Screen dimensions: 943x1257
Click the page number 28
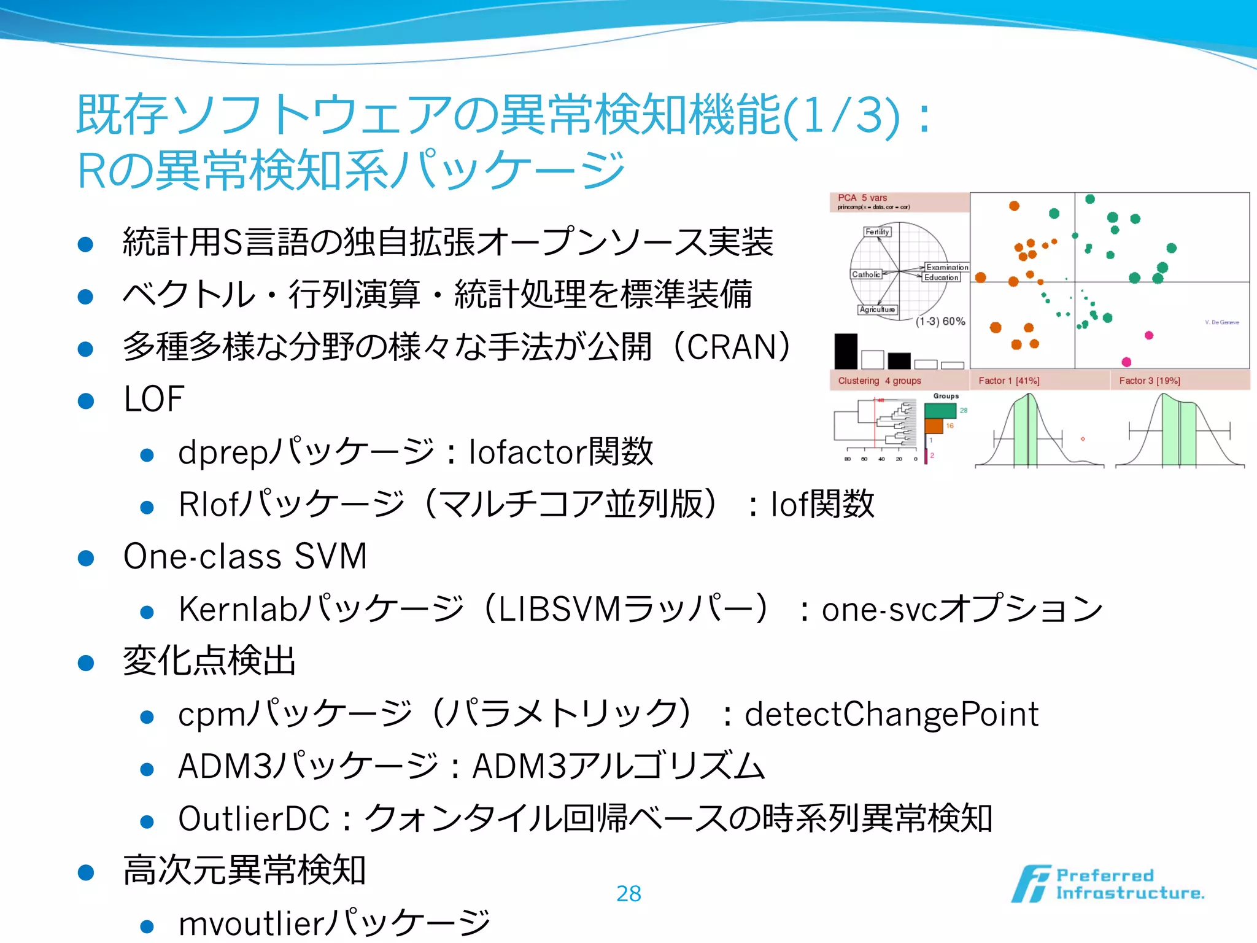628,894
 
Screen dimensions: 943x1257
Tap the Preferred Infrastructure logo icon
1031,884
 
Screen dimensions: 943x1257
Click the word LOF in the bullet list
153,399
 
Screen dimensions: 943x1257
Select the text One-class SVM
245,556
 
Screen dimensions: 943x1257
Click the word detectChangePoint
891,714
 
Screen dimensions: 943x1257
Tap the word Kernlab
238,609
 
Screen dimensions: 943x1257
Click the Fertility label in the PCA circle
877,232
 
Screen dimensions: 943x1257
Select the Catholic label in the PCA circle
865,274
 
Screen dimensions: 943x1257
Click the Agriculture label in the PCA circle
877,309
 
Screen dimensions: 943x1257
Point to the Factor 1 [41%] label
1008,381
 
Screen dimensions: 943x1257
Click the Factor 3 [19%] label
1149,381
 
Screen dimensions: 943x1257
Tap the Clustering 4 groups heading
879,381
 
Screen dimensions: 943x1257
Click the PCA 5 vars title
862,198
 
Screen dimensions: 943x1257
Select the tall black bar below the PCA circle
845,351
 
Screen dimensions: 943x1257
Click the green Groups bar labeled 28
940,411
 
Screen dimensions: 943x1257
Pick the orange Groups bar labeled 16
934,425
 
